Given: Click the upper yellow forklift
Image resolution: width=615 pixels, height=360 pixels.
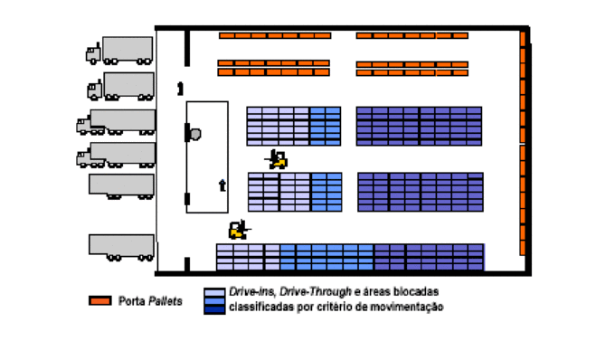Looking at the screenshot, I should (x=279, y=160).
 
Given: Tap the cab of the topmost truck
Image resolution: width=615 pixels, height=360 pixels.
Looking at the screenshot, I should (x=93, y=53).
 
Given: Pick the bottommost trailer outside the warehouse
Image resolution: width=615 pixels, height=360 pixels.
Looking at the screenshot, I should (x=121, y=245).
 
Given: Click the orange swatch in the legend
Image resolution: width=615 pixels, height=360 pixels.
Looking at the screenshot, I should (x=99, y=300).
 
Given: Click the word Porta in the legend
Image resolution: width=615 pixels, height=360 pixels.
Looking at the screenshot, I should (x=131, y=300).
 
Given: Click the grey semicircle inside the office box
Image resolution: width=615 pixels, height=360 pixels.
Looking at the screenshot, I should (x=194, y=134).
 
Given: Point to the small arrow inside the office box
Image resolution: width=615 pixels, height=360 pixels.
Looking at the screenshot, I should (x=222, y=185).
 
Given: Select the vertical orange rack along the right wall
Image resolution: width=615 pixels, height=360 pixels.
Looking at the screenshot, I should (x=523, y=145).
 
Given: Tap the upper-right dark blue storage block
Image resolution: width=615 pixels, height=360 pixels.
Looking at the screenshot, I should (x=419, y=126).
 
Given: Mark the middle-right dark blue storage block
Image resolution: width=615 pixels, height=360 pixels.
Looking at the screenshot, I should (x=421, y=191).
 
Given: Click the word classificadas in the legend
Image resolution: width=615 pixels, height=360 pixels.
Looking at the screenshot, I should (x=260, y=308).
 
